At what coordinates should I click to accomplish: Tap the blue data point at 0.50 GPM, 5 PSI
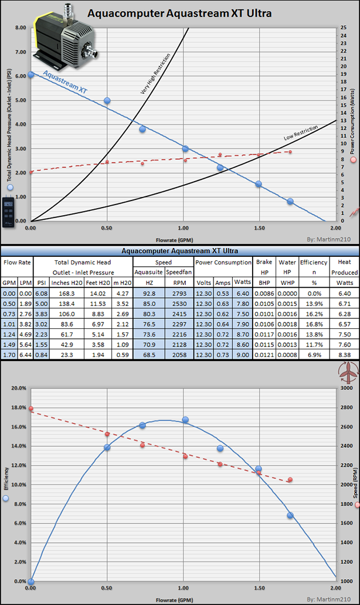pos(107,100)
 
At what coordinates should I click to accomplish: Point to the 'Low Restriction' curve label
pos(301,132)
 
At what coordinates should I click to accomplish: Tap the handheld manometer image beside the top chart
pos(8,212)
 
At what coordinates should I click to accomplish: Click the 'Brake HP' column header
pos(264,267)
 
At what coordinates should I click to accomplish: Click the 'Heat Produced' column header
pos(344,267)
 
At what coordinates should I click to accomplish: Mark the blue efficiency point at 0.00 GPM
pos(30,582)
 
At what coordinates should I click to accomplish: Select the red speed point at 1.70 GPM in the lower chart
pos(290,480)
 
